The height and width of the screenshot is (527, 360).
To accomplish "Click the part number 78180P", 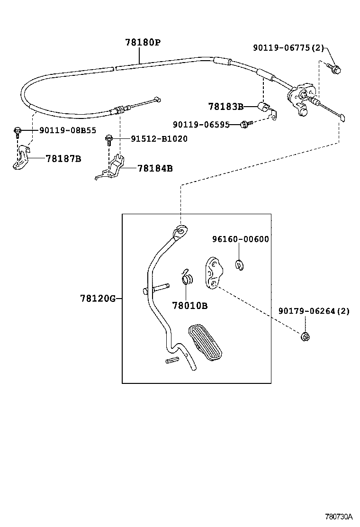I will [143, 43].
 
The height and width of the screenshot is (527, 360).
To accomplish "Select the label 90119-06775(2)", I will [288, 48].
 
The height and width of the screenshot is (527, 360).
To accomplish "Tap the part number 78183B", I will [225, 107].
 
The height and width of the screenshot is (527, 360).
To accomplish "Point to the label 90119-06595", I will [201, 125].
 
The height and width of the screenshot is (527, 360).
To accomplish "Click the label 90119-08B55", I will [67, 130].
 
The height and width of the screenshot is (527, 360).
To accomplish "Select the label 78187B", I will [63, 158].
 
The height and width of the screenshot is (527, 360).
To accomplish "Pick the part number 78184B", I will [155, 168].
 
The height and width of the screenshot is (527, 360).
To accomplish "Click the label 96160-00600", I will [240, 239].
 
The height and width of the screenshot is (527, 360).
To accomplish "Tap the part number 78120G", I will [98, 298].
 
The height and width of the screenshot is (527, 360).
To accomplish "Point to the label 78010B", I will [189, 306].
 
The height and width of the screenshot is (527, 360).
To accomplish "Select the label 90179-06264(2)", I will [314, 311].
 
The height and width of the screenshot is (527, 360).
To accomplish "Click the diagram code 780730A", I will [339, 516].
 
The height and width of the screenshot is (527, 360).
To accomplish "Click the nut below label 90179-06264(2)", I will [306, 337].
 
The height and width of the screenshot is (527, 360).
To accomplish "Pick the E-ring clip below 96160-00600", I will [239, 265].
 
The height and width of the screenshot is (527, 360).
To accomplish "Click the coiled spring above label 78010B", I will [187, 277].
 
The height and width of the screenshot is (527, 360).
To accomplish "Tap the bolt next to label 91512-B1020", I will [108, 139].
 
